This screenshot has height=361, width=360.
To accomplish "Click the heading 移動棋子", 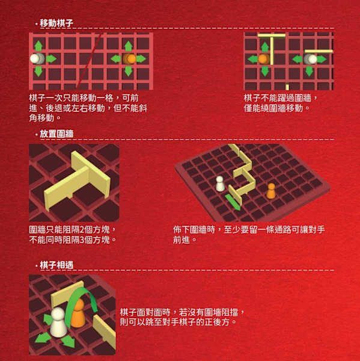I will coord(57,23).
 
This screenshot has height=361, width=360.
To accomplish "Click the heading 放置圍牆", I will coord(57,134).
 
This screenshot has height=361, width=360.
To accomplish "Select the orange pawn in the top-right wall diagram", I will coord(263,59).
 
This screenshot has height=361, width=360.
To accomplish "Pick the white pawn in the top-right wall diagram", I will coord(310,59).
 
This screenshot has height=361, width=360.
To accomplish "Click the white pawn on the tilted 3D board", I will coord(221,184).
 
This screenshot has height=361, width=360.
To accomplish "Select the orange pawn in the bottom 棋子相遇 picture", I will coord(78,315).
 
